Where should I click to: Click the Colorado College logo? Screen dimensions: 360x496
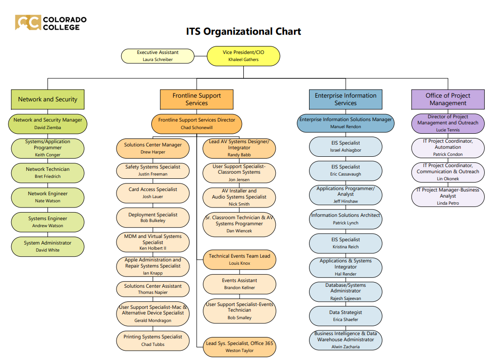[51, 23]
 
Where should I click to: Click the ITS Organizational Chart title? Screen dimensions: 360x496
[243, 31]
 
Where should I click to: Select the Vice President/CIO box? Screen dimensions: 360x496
[243, 56]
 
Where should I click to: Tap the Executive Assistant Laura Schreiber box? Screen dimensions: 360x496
[157, 56]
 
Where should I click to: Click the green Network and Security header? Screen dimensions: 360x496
[47, 99]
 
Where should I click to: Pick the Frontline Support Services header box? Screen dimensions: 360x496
[196, 99]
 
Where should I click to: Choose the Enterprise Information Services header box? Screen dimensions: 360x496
[345, 99]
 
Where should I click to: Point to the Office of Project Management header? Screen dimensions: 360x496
[448, 99]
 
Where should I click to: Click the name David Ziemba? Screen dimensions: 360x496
[47, 127]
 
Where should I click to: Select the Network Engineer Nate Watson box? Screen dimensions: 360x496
[47, 197]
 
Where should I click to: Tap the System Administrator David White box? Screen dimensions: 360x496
[47, 246]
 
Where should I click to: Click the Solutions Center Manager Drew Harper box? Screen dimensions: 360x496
[153, 148]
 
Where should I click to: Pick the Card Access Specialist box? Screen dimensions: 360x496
[153, 193]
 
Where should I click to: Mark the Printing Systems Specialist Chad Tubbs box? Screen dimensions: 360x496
[153, 340]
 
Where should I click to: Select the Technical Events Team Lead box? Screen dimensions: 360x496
[240, 260]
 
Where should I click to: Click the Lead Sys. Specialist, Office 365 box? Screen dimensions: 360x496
[240, 347]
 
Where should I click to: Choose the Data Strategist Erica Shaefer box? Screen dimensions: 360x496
[345, 316]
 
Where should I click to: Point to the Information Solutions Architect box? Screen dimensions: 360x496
[345, 219]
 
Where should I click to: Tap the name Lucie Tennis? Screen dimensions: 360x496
[448, 130]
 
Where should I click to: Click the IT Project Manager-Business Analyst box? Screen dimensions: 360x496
[448, 196]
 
